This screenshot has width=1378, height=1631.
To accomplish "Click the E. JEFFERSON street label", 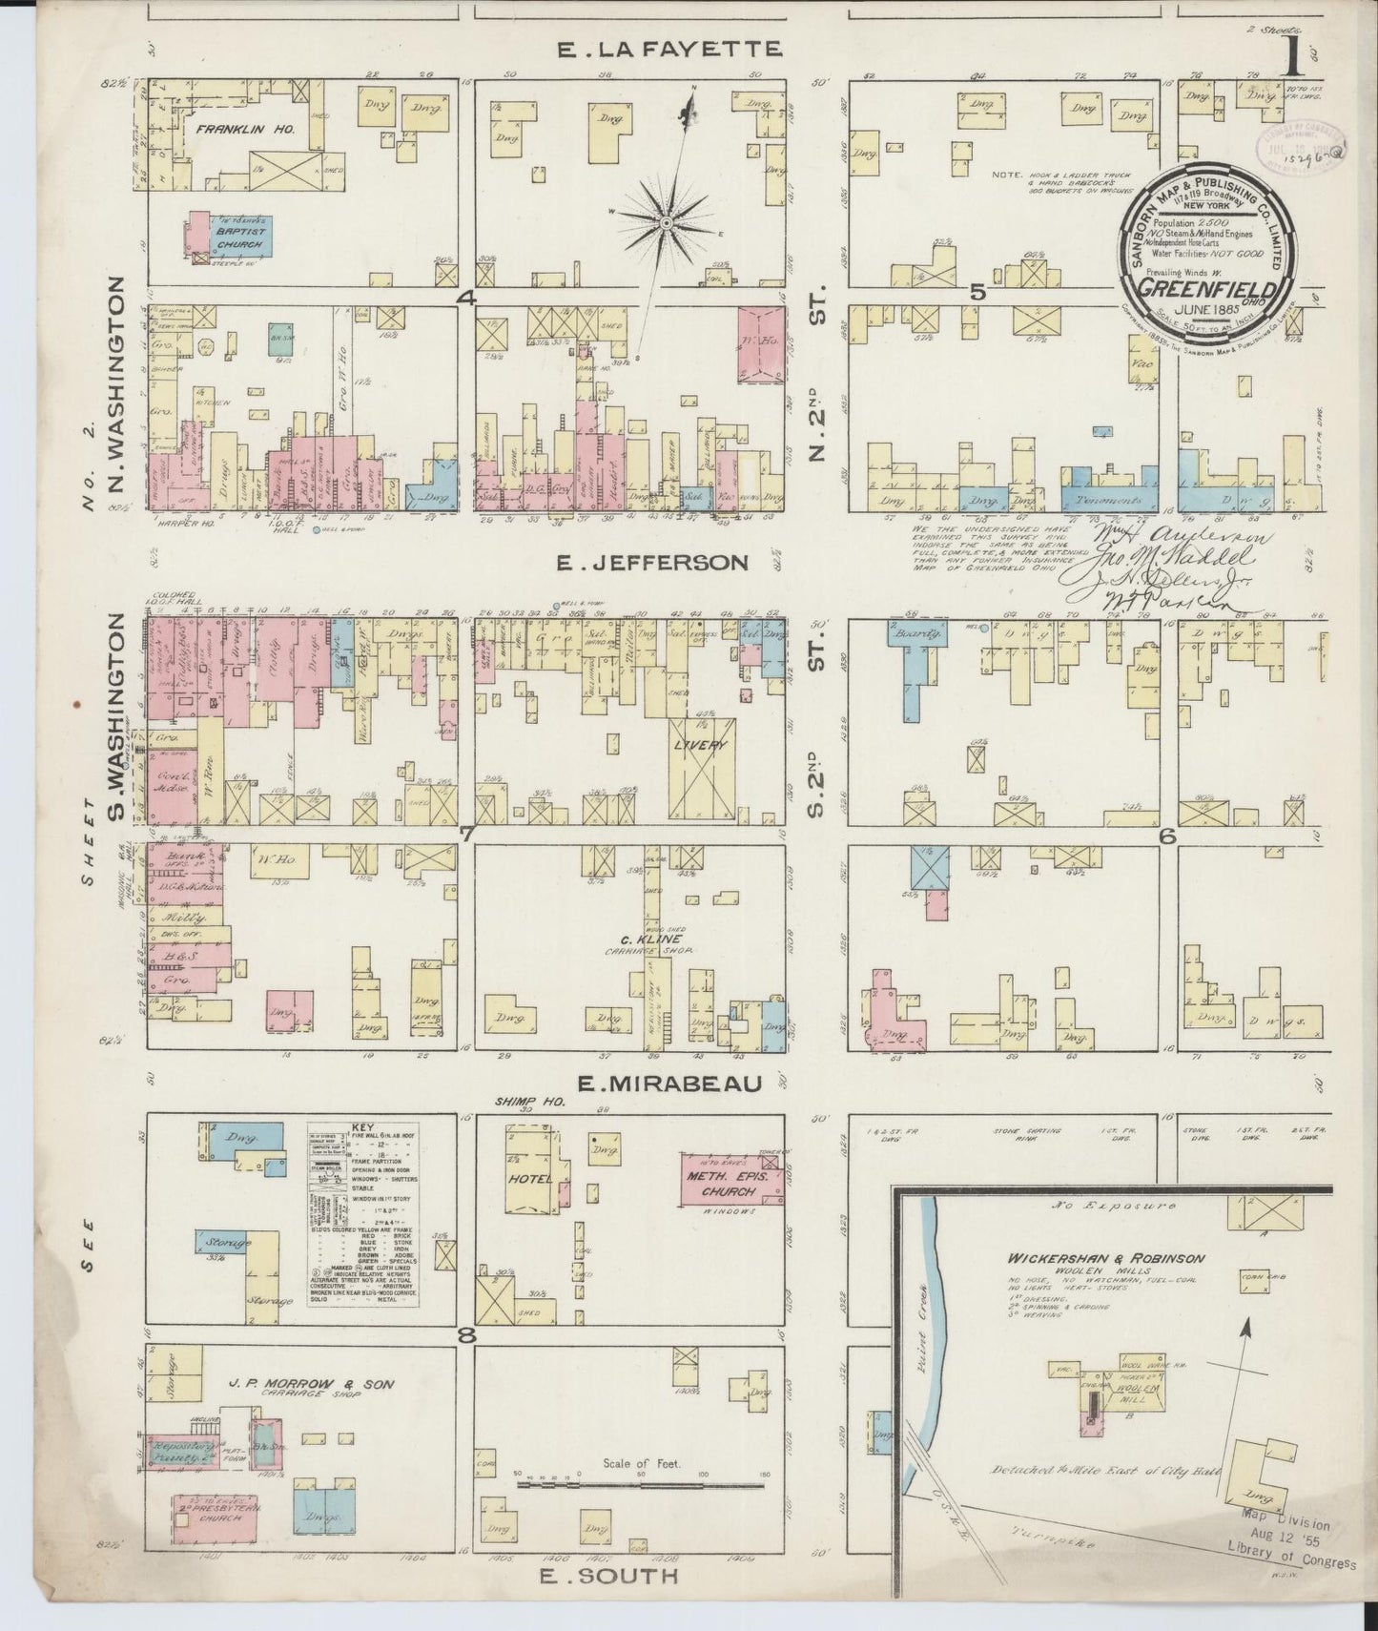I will (x=650, y=562).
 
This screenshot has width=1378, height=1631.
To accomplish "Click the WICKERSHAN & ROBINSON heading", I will (x=1107, y=1258).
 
